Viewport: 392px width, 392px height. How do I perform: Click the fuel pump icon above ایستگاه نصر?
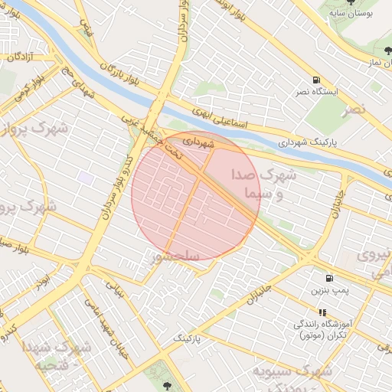coord(316,80)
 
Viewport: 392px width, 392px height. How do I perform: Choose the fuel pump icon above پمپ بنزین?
coord(329,279)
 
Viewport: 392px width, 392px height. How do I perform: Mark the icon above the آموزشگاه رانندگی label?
coord(322,312)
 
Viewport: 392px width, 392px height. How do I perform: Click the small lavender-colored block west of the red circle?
coord(85,178)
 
